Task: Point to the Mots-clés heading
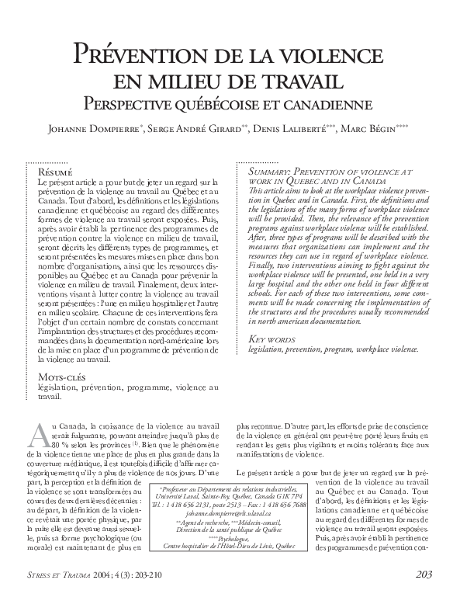click(x=63, y=377)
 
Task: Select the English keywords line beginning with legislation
click(x=333, y=349)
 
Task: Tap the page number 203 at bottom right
click(x=424, y=575)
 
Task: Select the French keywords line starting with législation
click(x=128, y=387)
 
